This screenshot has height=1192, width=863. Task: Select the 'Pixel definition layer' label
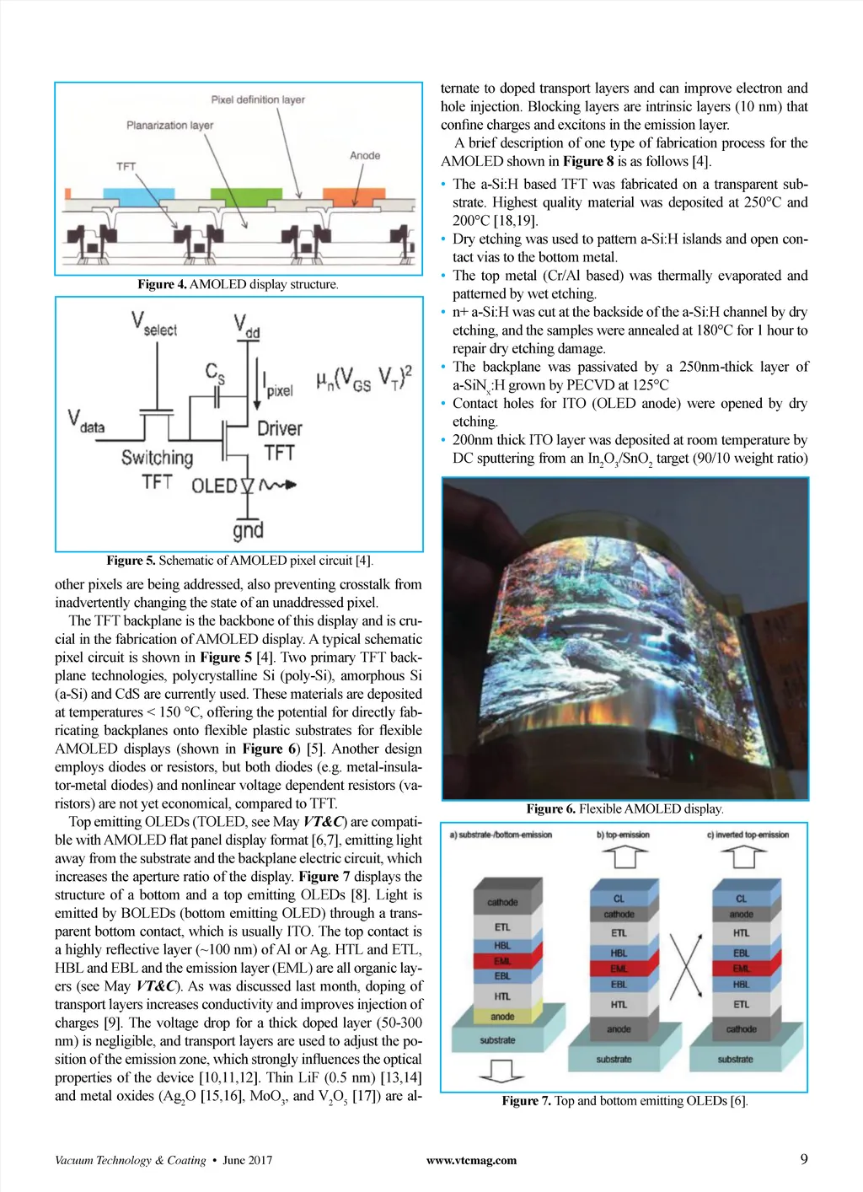(x=258, y=99)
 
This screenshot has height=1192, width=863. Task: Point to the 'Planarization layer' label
(x=169, y=125)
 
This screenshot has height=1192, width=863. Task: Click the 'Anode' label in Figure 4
(x=365, y=155)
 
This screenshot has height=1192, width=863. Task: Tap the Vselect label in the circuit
(x=153, y=325)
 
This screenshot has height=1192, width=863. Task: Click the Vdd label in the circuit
(x=246, y=325)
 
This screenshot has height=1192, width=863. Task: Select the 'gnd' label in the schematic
(x=248, y=530)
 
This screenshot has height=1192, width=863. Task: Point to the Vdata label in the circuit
(x=86, y=421)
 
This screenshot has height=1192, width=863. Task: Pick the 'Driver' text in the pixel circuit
(x=280, y=428)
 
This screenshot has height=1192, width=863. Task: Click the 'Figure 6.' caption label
(x=550, y=808)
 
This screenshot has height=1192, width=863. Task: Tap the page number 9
(x=803, y=1159)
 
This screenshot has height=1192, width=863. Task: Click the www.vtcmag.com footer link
(x=471, y=1160)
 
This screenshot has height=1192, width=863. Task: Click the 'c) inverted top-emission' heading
(x=748, y=835)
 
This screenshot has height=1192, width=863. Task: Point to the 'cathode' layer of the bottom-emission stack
(x=502, y=902)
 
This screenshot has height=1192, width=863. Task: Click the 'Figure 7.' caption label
(x=526, y=1100)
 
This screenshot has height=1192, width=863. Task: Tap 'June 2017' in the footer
(x=247, y=1160)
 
